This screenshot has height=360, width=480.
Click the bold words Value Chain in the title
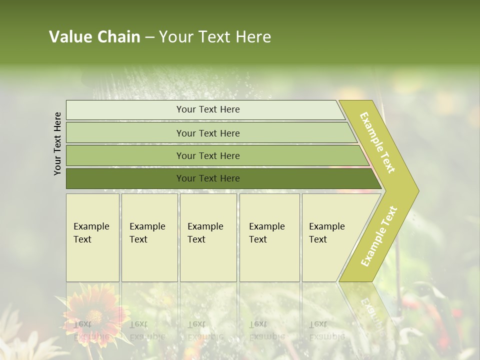(94, 37)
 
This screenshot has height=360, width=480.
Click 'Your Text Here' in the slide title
(215, 37)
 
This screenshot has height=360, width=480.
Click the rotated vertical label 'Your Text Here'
(57, 143)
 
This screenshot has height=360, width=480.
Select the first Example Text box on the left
(92, 237)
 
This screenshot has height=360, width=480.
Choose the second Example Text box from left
(149, 237)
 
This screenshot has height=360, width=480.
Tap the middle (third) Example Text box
(208, 237)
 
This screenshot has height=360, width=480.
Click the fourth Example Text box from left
(269, 237)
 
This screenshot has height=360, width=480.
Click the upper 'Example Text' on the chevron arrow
(377, 142)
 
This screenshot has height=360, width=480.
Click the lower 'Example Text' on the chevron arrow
(379, 236)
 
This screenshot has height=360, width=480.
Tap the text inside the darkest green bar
(208, 178)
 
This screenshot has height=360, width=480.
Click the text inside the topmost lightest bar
(208, 109)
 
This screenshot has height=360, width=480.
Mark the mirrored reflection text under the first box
(91, 330)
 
